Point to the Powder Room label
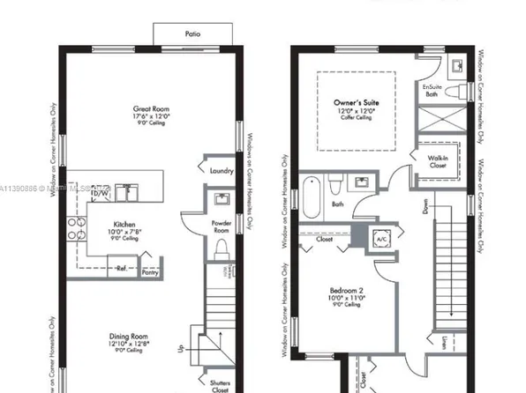tap(222, 226)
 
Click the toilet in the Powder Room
tap(222, 246)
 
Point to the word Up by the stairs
tap(181, 350)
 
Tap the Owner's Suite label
tap(356, 103)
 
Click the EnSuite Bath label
tap(432, 91)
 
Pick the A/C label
tap(382, 240)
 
